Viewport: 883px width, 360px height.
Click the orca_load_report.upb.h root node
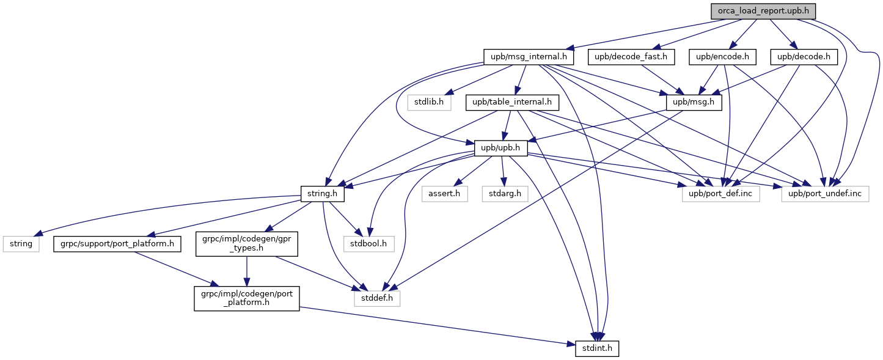point(763,11)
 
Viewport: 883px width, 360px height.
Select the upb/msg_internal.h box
point(529,57)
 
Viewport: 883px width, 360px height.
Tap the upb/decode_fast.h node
point(631,57)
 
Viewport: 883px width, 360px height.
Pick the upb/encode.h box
point(722,57)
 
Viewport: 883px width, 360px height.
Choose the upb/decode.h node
point(804,57)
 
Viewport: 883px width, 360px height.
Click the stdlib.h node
point(429,102)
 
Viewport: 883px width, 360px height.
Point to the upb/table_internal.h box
point(512,102)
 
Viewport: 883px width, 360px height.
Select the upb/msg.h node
point(694,102)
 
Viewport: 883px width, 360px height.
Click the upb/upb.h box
point(500,148)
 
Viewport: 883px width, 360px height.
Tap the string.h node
point(322,194)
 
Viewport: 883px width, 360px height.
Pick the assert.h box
point(444,194)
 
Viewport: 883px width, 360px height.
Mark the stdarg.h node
point(505,194)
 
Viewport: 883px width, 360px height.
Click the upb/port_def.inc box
point(720,194)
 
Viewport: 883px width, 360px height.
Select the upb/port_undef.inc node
point(825,194)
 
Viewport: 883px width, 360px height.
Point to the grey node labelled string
point(21,244)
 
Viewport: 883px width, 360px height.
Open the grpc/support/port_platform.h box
point(117,244)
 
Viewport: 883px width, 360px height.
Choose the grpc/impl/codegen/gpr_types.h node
point(247,244)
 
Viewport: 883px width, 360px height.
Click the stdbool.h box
point(369,244)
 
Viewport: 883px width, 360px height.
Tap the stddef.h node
point(377,298)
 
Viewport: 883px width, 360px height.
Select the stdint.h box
point(597,348)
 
